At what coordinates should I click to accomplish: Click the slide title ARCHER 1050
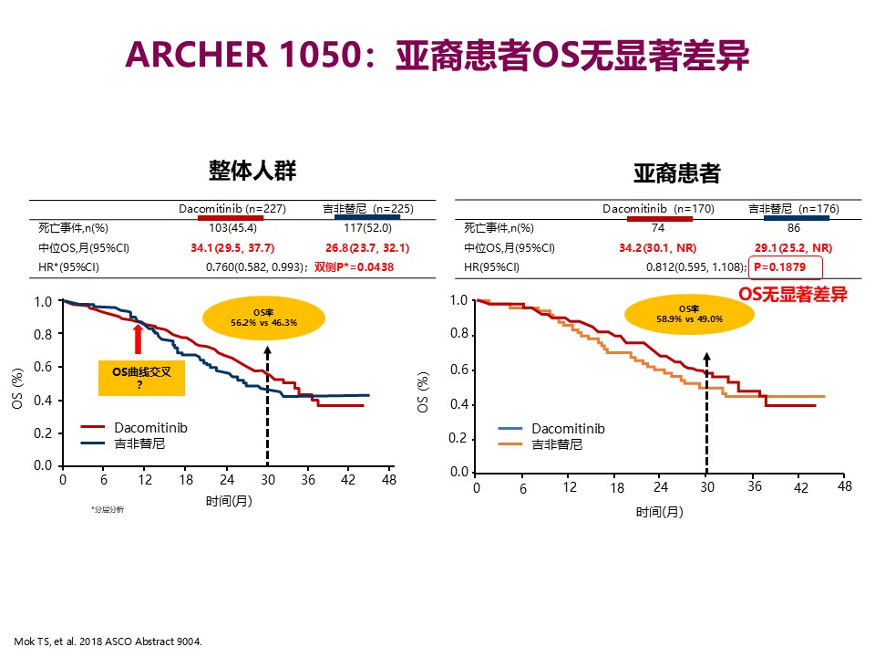[437, 55]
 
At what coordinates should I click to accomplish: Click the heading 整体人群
[252, 171]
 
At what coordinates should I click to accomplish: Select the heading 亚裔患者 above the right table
[676, 172]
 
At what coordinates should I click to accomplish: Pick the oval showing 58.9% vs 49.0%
[690, 314]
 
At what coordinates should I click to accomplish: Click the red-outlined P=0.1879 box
[785, 267]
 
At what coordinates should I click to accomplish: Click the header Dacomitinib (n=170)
[658, 209]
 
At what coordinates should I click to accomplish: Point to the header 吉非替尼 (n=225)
[366, 209]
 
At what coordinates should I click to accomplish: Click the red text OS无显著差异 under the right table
[793, 294]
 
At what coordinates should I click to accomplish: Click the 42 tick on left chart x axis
[347, 479]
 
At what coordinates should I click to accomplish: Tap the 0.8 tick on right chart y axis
[458, 335]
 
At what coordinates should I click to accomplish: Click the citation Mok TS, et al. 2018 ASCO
[108, 641]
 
